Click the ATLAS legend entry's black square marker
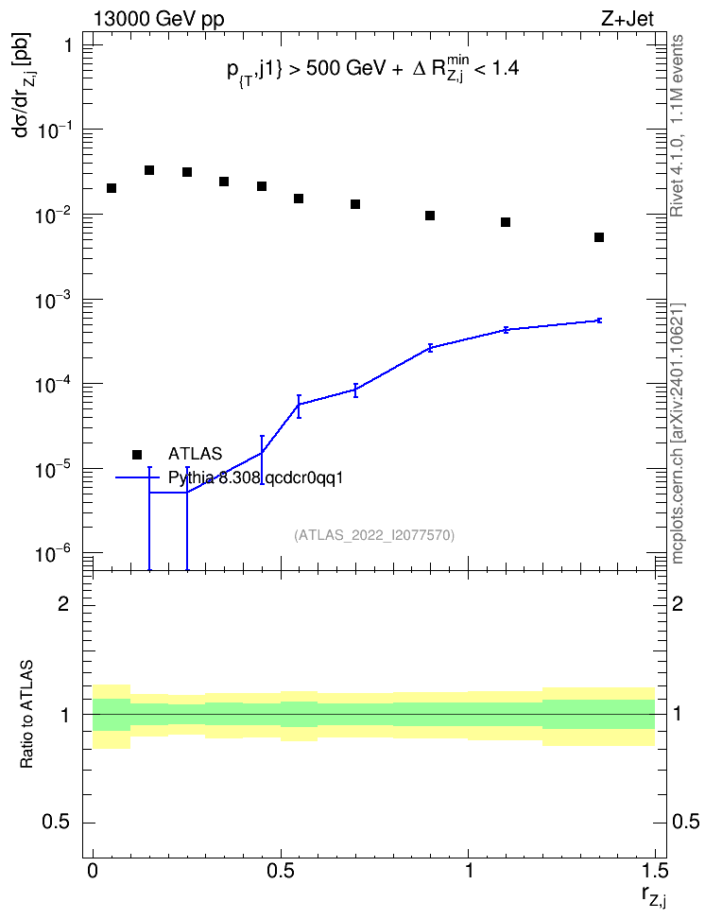coord(137,454)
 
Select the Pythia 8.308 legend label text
coord(255,478)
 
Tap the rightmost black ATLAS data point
coord(599,237)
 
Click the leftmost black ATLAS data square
coord(112,188)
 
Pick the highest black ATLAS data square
coord(149,170)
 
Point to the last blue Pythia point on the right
coord(599,320)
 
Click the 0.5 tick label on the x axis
coord(281,871)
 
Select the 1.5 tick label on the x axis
coord(655,871)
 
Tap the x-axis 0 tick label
coord(93,871)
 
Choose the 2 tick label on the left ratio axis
coord(63,603)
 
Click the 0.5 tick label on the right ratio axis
coord(686,822)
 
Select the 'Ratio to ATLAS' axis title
coord(26,714)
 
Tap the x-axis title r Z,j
coord(654,896)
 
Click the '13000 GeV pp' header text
coord(158,20)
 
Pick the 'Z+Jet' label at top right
coord(628,19)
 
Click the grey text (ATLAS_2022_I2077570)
coord(374,535)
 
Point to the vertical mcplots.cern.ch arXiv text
coord(678,434)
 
